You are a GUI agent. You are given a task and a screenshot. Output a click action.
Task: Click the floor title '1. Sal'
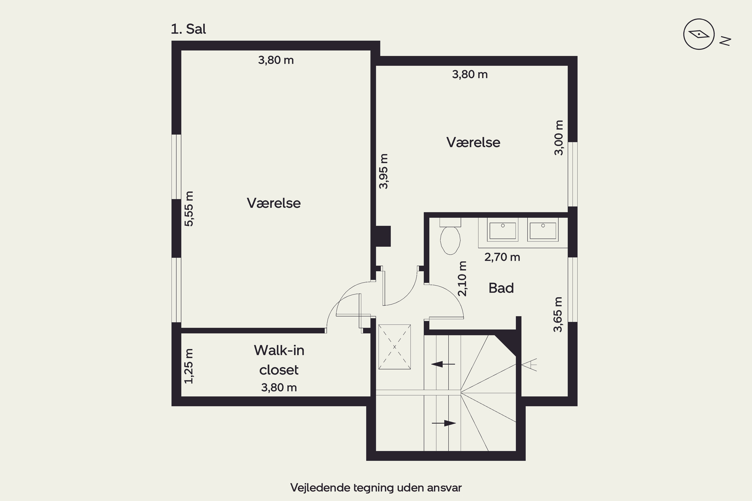pyautogui.click(x=188, y=29)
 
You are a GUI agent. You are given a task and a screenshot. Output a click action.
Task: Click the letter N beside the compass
pyautogui.click(x=725, y=41)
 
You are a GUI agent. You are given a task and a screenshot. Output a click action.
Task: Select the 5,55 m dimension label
pyautogui.click(x=189, y=209)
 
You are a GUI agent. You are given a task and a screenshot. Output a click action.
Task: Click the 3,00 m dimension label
pyautogui.click(x=558, y=138)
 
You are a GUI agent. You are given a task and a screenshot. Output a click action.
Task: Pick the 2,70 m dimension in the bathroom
pyautogui.click(x=502, y=257)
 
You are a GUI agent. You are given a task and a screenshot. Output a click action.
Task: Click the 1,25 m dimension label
pyautogui.click(x=189, y=366)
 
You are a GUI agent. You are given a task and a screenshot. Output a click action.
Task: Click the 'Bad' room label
pyautogui.click(x=501, y=288)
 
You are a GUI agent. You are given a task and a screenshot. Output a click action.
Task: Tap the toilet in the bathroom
pyautogui.click(x=450, y=236)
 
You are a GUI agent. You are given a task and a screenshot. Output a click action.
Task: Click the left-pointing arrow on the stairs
pyautogui.click(x=443, y=364)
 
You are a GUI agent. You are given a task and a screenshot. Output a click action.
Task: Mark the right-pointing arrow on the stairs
pyautogui.click(x=444, y=423)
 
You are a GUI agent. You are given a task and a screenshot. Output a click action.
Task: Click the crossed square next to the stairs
pyautogui.click(x=395, y=347)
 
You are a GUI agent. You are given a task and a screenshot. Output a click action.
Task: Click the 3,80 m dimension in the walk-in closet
pyautogui.click(x=279, y=388)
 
